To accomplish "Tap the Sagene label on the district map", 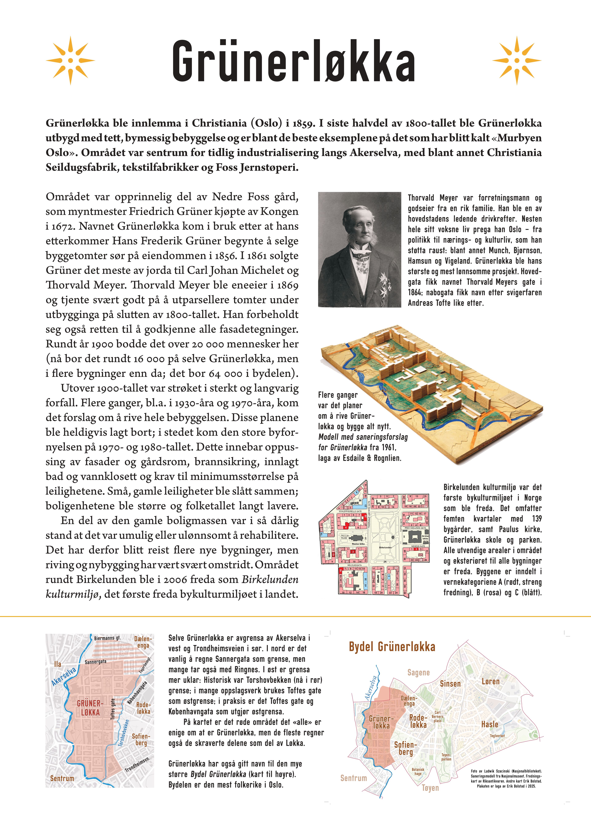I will point(418,673).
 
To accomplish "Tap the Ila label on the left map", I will point(58,664).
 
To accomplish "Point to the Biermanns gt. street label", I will point(107,638).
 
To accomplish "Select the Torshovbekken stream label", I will point(124,733).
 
